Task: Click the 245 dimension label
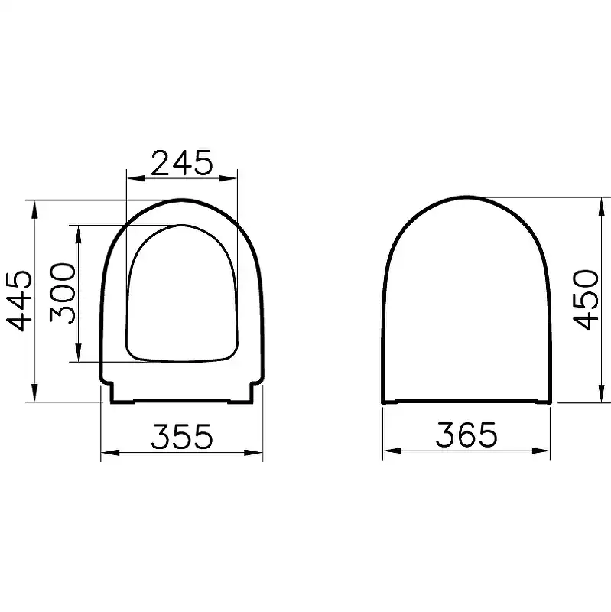181,163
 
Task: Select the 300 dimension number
62,293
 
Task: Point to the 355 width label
181,436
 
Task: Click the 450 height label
587,299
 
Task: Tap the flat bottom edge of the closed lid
466,402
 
